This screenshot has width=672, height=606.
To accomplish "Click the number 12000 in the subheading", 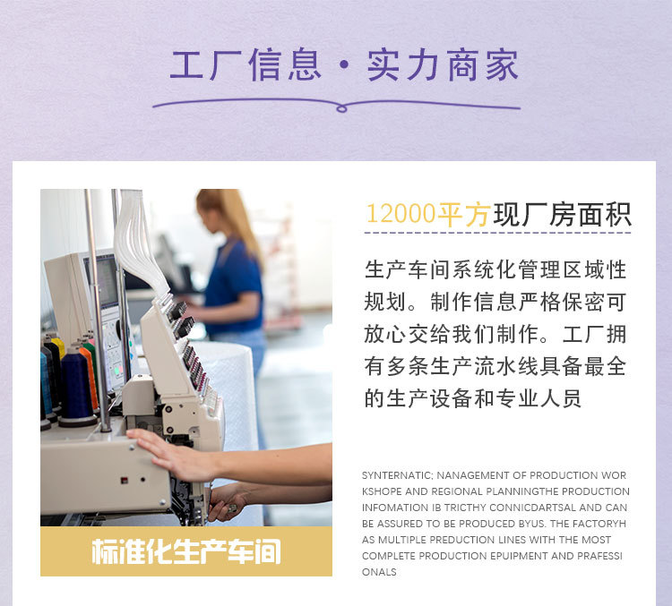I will click(x=401, y=215).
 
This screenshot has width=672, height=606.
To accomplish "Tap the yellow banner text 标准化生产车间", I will click(x=185, y=551).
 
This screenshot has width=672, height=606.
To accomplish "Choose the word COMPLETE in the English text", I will click(x=391, y=556).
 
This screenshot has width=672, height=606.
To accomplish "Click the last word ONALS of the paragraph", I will click(x=379, y=572).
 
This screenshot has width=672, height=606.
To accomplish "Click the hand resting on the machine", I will click(x=166, y=453).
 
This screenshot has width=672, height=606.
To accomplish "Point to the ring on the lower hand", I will click(x=230, y=508).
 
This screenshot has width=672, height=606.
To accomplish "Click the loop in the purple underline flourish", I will click(x=340, y=108).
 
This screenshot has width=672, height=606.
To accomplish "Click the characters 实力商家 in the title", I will click(x=443, y=65).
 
